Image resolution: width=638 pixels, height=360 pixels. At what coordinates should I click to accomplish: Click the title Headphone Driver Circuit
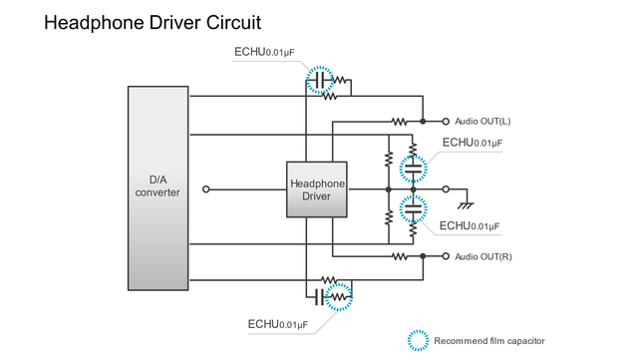coord(153,22)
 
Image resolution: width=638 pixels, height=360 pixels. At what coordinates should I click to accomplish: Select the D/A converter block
coord(158,186)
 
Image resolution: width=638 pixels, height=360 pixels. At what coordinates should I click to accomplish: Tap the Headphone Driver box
coord(317,189)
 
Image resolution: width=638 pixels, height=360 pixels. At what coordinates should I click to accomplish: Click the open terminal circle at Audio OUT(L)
coord(446,122)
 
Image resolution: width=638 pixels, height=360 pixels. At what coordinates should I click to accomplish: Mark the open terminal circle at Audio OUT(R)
coord(446,256)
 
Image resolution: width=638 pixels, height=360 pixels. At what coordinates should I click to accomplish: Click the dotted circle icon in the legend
coord(418,340)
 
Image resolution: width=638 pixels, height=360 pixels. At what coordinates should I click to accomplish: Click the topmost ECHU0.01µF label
coord(263,52)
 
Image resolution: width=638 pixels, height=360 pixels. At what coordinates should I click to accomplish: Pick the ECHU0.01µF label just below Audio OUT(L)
coord(473,143)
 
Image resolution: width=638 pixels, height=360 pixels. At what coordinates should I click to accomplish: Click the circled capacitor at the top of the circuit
coord(320,80)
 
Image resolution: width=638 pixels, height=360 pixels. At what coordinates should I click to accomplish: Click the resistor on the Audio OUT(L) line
coord(400,122)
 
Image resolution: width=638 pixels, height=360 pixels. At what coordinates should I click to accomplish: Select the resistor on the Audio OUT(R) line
coord(400,256)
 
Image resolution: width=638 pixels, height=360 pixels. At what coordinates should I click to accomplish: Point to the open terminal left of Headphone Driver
coord(205,188)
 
